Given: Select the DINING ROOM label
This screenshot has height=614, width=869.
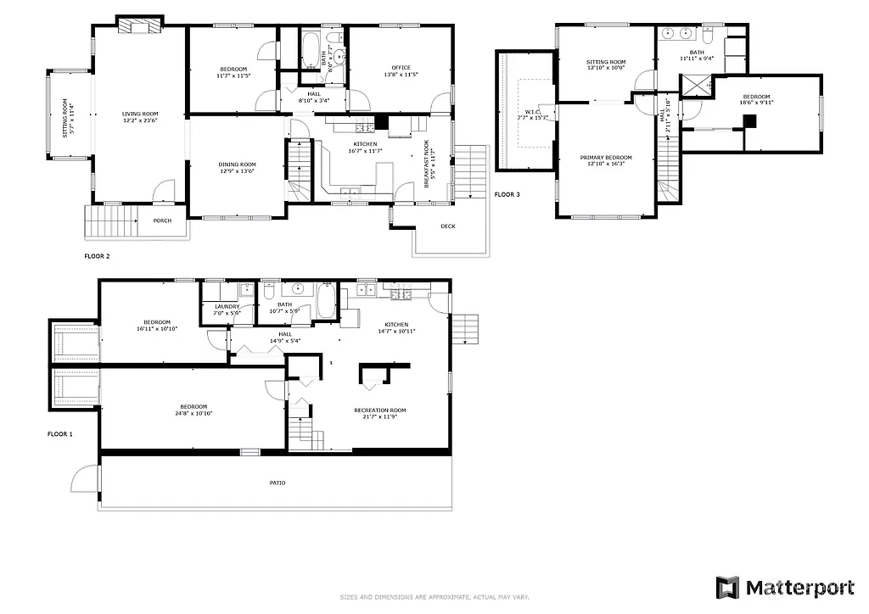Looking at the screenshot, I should click(238, 165).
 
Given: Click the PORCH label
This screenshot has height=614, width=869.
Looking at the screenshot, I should click(162, 221).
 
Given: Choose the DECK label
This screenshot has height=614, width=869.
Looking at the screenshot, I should click(448, 226).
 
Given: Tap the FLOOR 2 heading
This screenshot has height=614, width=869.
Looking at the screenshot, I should click(97, 255).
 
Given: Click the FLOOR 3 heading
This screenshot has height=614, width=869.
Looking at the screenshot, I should click(507, 194).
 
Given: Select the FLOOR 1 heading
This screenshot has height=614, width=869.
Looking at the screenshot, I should click(59, 434).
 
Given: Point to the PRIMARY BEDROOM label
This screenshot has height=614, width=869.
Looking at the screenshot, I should click(606, 158).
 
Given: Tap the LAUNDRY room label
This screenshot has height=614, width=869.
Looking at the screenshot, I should click(227, 306).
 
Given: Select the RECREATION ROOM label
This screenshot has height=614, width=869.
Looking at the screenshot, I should click(381, 410).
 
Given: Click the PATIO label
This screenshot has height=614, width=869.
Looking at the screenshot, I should click(278, 483).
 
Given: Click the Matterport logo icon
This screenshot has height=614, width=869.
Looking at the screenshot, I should click(727, 587).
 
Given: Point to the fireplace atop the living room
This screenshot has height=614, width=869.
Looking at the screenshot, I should click(138, 25).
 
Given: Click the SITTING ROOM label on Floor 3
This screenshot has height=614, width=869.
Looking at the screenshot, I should click(606, 62).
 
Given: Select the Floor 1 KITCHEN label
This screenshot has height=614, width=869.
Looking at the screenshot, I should click(396, 325).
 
